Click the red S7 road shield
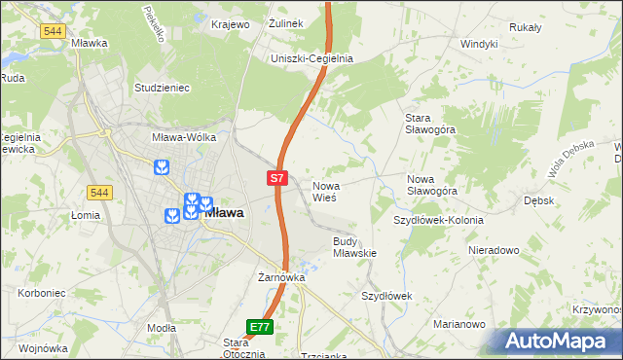(x=277, y=178)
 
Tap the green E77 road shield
(x=259, y=328)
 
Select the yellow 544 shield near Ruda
(x=54, y=31)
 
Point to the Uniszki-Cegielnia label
(x=311, y=58)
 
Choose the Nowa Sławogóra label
(x=432, y=185)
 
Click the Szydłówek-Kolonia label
(x=438, y=220)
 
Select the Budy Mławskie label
(x=354, y=246)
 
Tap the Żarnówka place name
(x=281, y=277)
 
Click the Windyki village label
(x=479, y=44)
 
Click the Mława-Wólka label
(x=183, y=138)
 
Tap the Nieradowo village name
(x=493, y=250)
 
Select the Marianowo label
(x=459, y=323)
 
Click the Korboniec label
(x=40, y=292)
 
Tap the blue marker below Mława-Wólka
(x=161, y=168)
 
